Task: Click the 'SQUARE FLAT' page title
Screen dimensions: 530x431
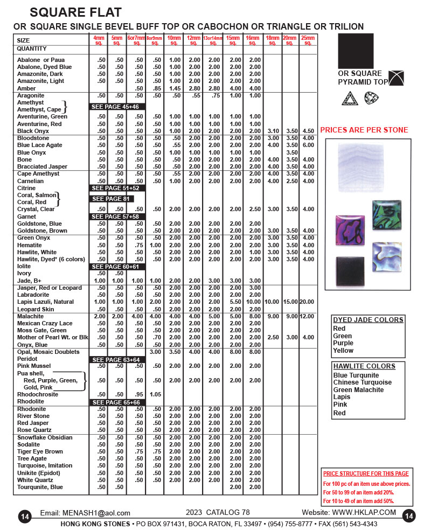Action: pos(75,12)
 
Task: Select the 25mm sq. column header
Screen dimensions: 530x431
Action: pos(308,40)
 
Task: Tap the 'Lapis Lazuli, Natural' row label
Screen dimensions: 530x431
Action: pos(45,302)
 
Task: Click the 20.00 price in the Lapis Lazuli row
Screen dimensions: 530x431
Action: pos(308,302)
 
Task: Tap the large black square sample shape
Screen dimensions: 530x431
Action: pos(356,51)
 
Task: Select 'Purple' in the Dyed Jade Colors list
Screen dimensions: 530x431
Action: pos(343,343)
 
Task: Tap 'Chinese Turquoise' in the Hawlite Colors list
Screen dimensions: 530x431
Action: pos(362,382)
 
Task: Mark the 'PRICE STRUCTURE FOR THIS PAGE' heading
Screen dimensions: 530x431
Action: pos(366,473)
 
